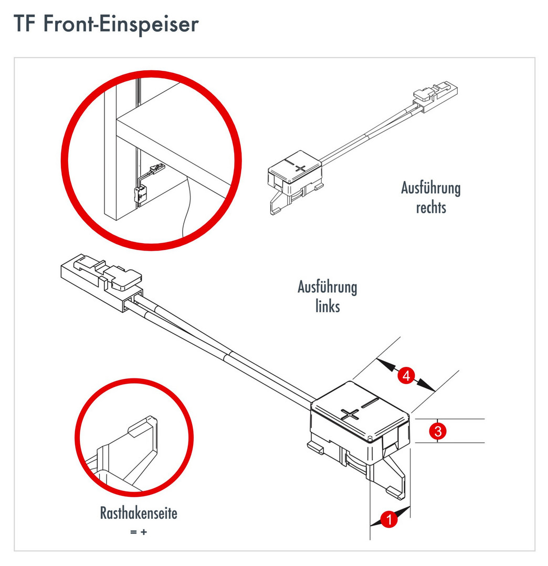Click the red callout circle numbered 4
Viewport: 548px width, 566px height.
(406, 375)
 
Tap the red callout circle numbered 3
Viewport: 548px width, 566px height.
(437, 431)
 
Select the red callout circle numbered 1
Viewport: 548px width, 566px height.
(389, 519)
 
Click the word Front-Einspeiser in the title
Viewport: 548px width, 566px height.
(121, 25)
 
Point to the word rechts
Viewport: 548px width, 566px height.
(431, 208)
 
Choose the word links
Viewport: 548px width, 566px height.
(328, 306)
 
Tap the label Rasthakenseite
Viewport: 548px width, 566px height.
(139, 513)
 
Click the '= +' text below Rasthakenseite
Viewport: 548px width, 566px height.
(139, 532)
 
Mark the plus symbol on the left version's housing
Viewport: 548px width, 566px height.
(350, 414)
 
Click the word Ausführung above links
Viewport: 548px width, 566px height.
(328, 287)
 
